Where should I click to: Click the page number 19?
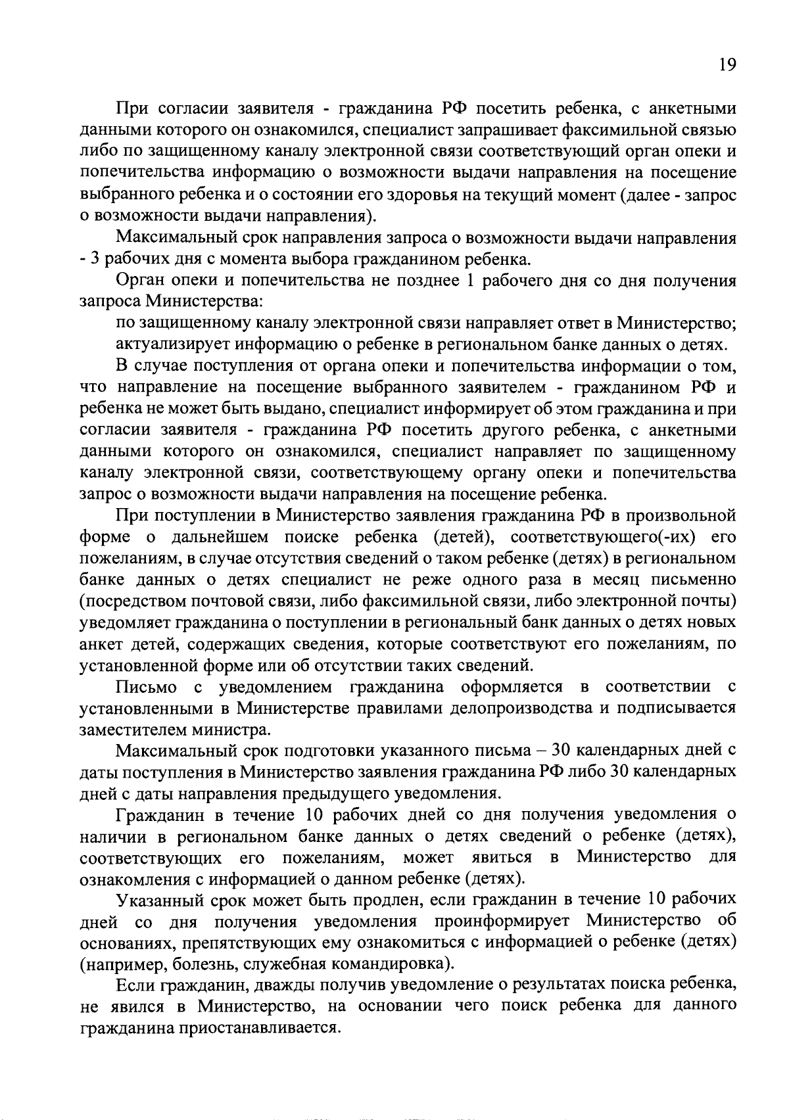pos(726,64)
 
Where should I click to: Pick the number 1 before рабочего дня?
pos(469,281)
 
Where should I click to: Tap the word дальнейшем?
pos(220,537)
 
